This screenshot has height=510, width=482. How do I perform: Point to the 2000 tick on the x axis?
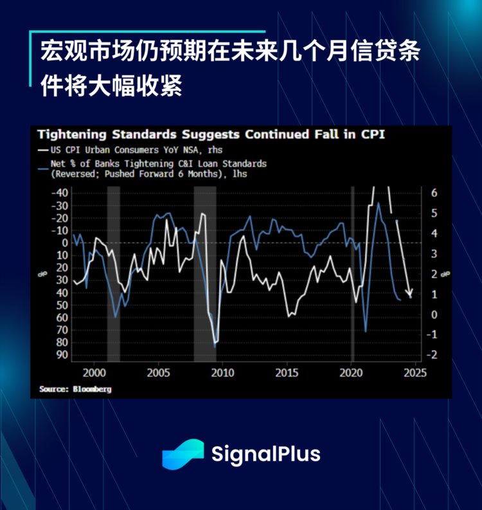94,373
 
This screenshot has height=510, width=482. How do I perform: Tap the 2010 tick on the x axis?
222,373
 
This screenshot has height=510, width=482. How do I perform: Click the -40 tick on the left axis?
60,193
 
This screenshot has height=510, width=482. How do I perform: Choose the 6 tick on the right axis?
434,193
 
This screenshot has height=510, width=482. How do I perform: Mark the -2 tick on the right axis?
433,355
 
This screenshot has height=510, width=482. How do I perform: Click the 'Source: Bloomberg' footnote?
66,389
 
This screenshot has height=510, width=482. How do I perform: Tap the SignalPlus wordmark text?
265,454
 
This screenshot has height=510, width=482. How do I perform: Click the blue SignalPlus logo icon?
183,454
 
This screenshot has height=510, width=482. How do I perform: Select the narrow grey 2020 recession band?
352,273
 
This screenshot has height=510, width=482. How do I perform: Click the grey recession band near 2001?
113,273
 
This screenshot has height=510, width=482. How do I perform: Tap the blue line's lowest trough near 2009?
215,347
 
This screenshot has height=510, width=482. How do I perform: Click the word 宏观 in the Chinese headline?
57,51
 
